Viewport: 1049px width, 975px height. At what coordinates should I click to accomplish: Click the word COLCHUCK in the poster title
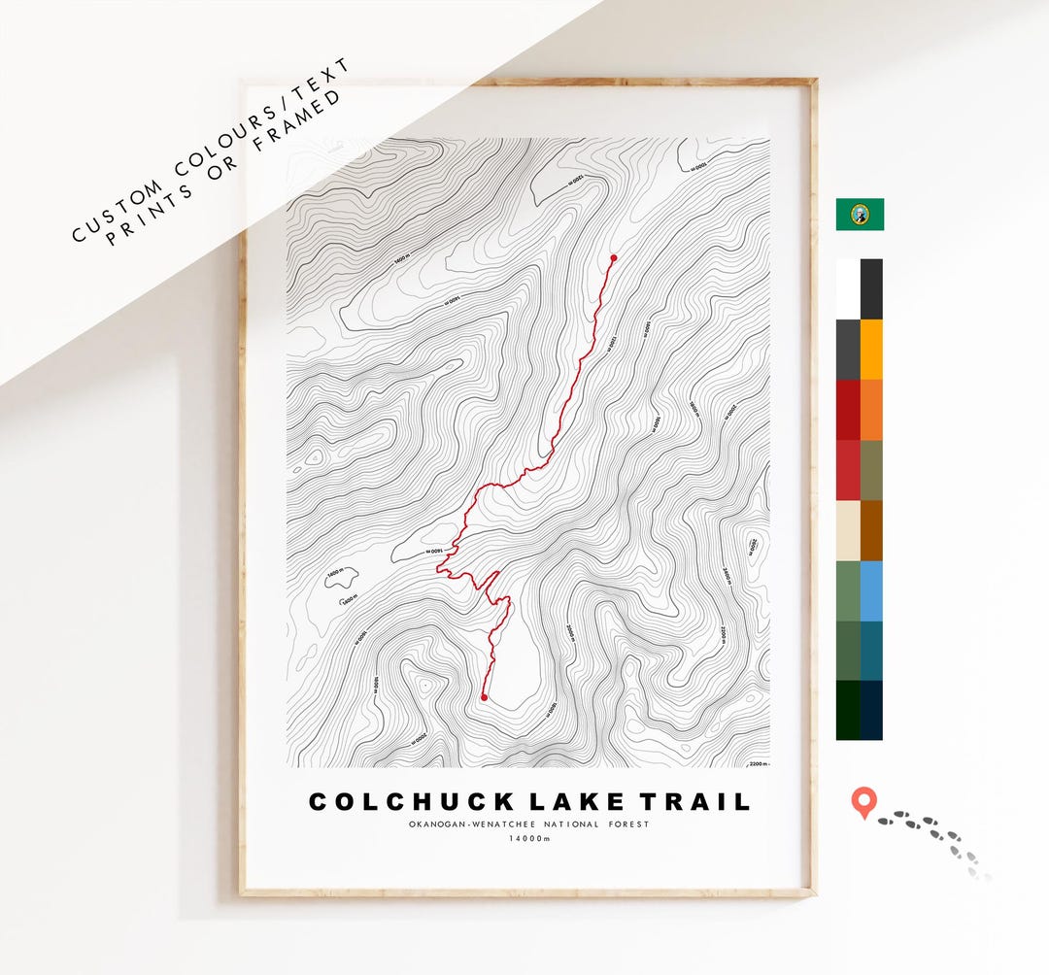pos(411,802)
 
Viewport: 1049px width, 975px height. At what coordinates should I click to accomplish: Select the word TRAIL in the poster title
pos(694,802)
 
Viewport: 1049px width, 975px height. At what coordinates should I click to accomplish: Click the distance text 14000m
pos(528,840)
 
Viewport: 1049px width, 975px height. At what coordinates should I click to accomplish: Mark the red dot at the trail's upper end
pos(613,258)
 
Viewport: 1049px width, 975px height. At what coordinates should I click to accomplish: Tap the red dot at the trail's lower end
pos(484,697)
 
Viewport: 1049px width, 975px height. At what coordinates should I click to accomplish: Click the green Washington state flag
pos(860,214)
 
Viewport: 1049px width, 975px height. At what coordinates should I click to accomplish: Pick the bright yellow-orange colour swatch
pos(871,349)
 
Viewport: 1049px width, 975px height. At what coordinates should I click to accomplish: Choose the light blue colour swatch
pos(871,590)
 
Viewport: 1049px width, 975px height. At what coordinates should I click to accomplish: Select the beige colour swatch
pos(848,530)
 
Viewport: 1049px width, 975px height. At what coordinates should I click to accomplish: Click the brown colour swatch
pos(871,530)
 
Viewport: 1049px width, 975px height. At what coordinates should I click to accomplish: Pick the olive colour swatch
pos(871,470)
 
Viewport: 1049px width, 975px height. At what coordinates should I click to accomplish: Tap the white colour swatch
pos(848,288)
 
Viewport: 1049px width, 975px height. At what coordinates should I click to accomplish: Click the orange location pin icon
pos(863,803)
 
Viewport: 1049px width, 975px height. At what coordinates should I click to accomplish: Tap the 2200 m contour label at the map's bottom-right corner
pos(759,764)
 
